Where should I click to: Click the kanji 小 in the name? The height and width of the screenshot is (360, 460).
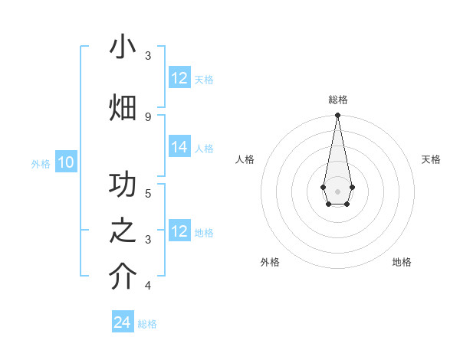pyautogui.click(x=123, y=47)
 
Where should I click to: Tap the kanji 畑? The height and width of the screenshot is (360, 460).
pyautogui.click(x=123, y=108)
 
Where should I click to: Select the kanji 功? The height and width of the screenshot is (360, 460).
pyautogui.click(x=123, y=185)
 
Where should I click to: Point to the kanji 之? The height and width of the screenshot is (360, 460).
pyautogui.click(x=123, y=231)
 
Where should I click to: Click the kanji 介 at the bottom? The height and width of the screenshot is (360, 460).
pyautogui.click(x=123, y=277)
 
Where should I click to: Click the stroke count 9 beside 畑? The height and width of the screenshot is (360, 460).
pyautogui.click(x=148, y=116)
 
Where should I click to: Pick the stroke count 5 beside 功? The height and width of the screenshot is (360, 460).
pyautogui.click(x=148, y=193)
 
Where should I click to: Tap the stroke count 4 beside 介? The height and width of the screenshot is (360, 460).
pyautogui.click(x=148, y=286)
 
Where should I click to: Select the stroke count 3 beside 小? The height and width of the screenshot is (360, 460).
pyautogui.click(x=148, y=56)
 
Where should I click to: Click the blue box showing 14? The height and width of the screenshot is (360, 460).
pyautogui.click(x=179, y=147)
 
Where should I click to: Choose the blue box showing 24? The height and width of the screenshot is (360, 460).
pyautogui.click(x=123, y=322)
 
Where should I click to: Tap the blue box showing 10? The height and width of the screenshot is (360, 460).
pyautogui.click(x=66, y=162)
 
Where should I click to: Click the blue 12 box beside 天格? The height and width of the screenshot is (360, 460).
pyautogui.click(x=179, y=78)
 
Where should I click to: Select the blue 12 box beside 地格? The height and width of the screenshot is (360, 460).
pyautogui.click(x=179, y=231)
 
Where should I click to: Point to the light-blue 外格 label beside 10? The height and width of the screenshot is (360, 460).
pyautogui.click(x=41, y=163)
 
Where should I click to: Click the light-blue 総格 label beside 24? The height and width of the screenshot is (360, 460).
pyautogui.click(x=147, y=324)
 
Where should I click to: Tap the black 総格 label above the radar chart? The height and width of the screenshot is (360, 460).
pyautogui.click(x=338, y=100)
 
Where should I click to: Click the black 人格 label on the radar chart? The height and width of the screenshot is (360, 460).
pyautogui.click(x=245, y=159)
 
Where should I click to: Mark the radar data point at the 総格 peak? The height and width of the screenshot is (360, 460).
pyautogui.click(x=337, y=116)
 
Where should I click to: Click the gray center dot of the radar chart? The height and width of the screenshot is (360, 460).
pyautogui.click(x=337, y=191)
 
